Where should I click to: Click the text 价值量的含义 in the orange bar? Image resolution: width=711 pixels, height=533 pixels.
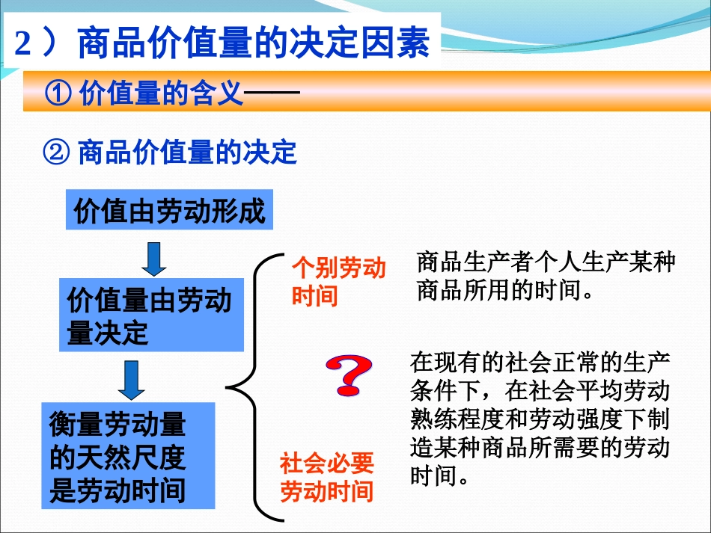160,94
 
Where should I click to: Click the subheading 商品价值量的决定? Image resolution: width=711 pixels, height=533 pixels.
187,152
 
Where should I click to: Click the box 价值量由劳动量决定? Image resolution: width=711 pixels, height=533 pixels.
151,316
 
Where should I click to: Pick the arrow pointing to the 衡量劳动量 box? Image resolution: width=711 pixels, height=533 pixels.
131,379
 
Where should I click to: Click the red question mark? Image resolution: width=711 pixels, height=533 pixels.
348,375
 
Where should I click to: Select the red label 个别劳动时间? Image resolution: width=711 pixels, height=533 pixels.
338,283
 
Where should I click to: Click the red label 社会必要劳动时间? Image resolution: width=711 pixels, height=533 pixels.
326,478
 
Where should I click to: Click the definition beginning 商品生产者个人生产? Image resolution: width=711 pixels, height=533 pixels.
546,276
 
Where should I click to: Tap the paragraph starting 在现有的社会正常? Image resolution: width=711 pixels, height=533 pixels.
539,419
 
